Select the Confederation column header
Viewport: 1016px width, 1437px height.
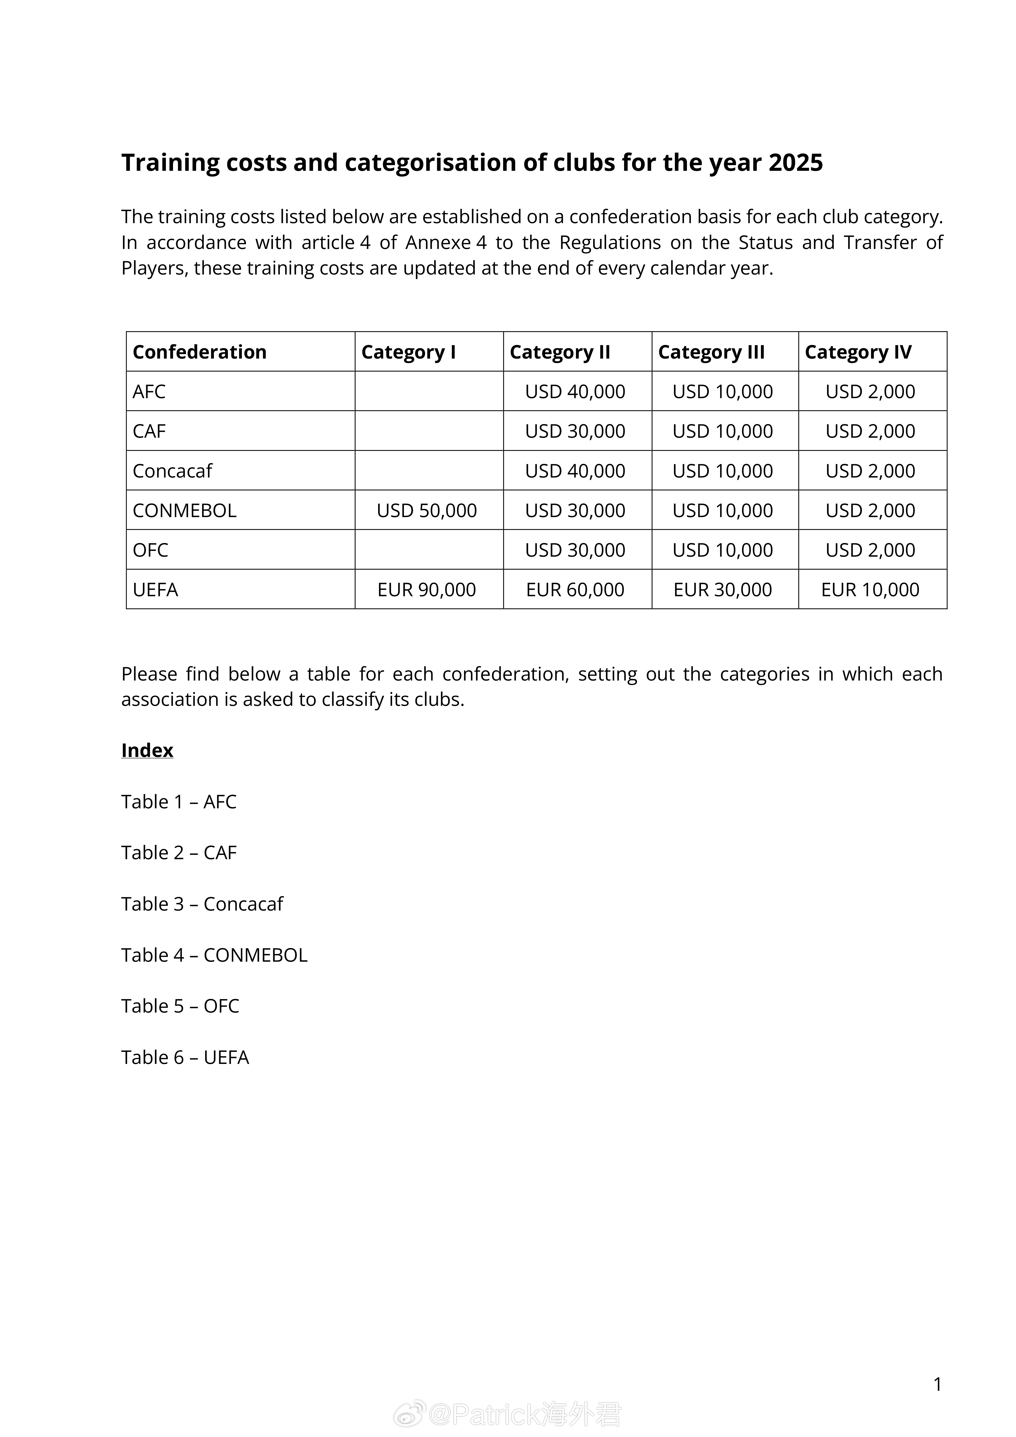tap(200, 352)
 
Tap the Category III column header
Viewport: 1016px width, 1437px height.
tap(711, 352)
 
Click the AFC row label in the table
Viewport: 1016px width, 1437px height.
tap(149, 391)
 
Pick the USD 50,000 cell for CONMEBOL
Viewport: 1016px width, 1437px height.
tap(427, 510)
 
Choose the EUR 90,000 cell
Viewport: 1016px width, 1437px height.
tap(427, 589)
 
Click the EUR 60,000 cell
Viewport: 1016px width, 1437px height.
tap(575, 589)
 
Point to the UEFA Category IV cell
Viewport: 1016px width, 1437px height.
tap(870, 589)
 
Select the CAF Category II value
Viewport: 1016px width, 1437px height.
tap(575, 431)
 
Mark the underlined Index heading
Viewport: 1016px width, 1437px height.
tap(147, 750)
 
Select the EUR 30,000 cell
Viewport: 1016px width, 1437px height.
tap(723, 589)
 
